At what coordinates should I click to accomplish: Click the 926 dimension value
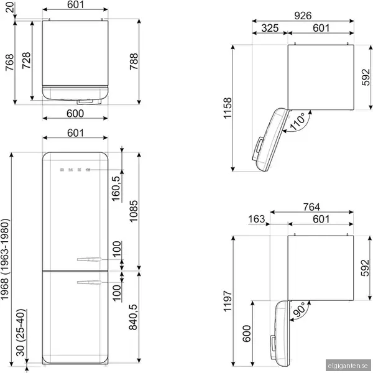(x=303, y=16)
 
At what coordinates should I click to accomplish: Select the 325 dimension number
(x=270, y=28)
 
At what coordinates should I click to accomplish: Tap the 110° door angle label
(x=297, y=122)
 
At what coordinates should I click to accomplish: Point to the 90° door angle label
(x=299, y=309)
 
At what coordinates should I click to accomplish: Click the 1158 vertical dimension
(x=228, y=108)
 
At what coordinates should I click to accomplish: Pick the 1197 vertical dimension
(x=228, y=301)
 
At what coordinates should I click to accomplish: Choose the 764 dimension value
(x=311, y=207)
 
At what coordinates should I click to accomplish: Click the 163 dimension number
(x=256, y=219)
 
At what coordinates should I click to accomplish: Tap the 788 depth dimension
(x=134, y=62)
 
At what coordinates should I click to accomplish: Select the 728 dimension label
(x=26, y=60)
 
